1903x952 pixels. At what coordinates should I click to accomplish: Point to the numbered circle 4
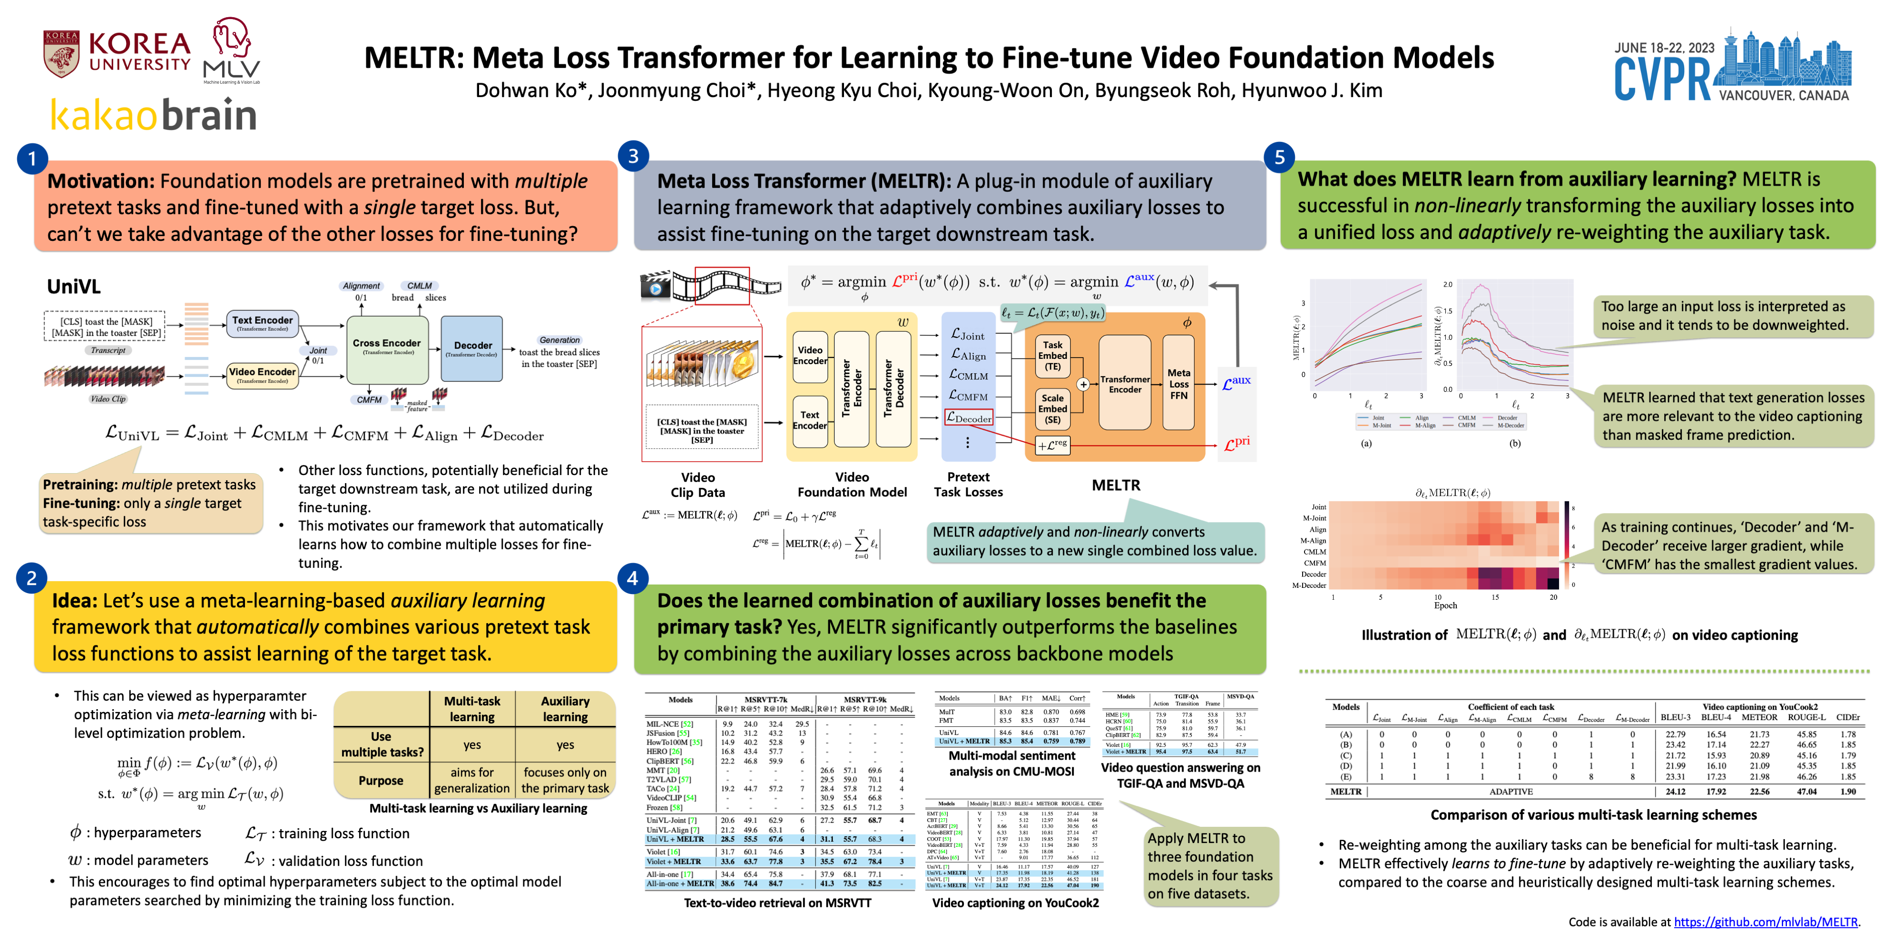(632, 578)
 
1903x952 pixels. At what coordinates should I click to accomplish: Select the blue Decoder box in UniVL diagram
(471, 348)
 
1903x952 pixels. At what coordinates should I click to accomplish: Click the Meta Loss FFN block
(1178, 384)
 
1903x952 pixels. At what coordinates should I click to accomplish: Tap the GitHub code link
(1765, 922)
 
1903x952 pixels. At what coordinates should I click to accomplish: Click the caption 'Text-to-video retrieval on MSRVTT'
(777, 902)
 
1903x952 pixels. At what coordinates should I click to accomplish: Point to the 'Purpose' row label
(381, 781)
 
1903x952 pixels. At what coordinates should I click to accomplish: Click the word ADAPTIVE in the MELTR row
(1511, 792)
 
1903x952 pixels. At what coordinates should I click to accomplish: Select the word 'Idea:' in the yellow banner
(74, 601)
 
